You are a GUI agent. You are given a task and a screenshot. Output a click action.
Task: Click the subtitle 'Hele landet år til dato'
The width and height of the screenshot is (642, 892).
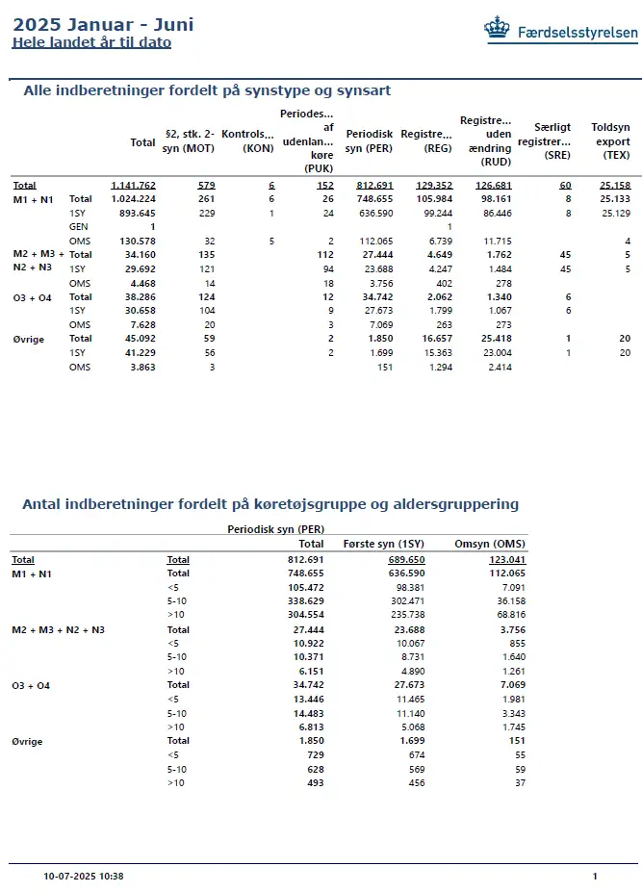91,42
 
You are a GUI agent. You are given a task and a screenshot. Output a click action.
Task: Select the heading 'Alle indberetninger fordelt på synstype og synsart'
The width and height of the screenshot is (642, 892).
206,90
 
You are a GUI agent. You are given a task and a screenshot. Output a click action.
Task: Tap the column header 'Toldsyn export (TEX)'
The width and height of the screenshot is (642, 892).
610,141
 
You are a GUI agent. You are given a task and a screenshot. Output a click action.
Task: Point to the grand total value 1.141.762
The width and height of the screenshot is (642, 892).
133,185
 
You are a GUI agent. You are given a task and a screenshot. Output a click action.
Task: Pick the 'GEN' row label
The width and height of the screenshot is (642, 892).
78,226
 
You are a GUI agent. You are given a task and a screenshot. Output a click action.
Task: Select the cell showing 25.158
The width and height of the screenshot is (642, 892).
613,185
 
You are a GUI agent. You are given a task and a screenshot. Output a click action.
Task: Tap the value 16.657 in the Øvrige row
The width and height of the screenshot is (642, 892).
432,339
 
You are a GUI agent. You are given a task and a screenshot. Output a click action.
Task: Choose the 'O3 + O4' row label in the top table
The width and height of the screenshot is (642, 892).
32,297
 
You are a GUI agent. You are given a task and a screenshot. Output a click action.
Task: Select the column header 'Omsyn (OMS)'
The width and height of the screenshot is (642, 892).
490,544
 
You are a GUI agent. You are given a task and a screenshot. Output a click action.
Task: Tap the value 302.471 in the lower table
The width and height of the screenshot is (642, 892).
408,599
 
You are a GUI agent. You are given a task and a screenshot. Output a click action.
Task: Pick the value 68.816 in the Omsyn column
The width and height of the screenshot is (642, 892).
508,613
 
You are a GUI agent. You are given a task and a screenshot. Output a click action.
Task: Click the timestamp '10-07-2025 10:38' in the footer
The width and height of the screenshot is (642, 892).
84,877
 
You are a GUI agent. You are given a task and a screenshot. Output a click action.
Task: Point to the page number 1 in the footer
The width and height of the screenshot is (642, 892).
595,877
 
